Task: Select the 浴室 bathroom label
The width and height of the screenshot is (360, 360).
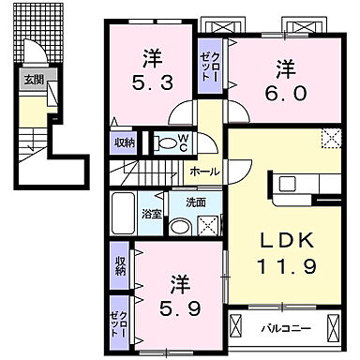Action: [150, 214]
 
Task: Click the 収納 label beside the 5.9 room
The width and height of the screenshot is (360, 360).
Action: [121, 264]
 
